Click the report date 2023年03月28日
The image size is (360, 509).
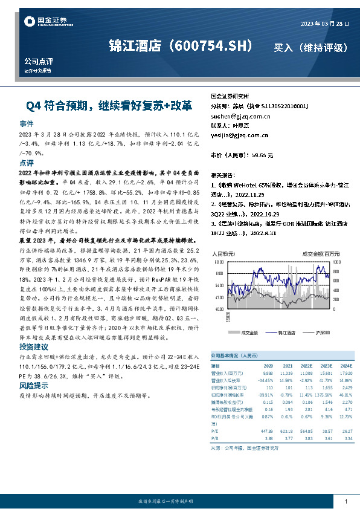point(324,23)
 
